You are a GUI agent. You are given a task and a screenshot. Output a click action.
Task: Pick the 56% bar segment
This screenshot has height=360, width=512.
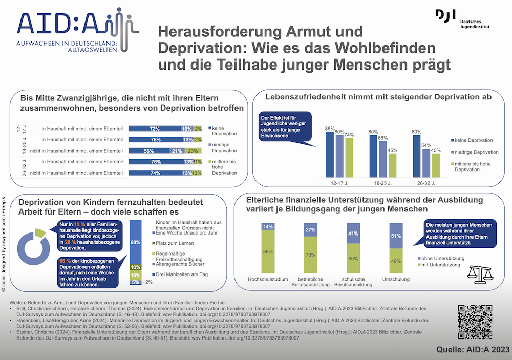(x=149, y=151)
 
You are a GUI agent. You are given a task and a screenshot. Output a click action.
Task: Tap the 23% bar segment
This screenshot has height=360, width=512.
(x=193, y=151)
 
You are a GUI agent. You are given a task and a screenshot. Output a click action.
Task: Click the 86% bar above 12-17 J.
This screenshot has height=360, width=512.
(x=330, y=154)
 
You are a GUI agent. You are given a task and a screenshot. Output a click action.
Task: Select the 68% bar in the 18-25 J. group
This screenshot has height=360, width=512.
(x=383, y=158)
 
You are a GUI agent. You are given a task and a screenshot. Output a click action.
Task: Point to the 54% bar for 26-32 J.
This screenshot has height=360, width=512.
(x=426, y=162)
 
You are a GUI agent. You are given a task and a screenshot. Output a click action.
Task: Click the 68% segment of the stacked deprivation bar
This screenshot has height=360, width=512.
(x=136, y=242)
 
